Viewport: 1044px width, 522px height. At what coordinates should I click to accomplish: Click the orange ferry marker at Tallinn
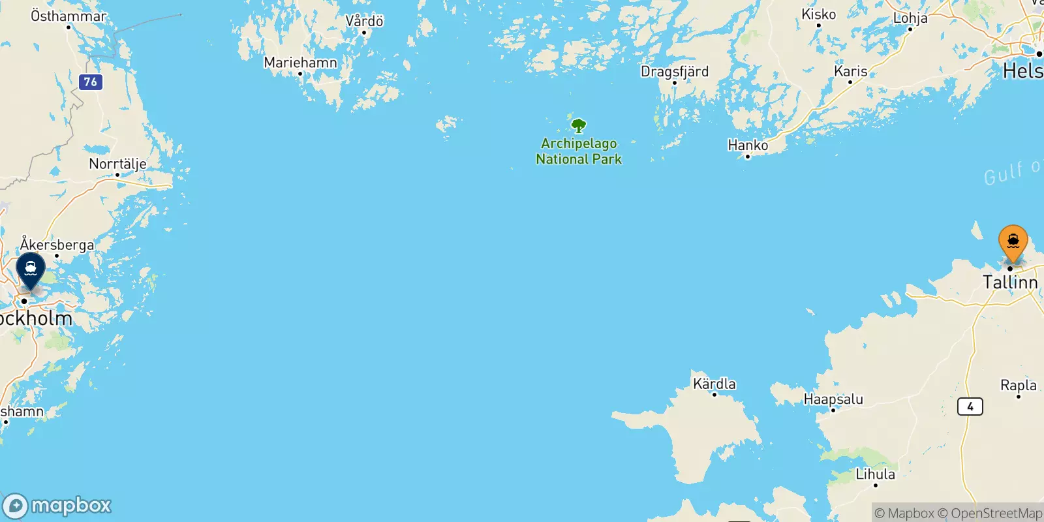point(1013,243)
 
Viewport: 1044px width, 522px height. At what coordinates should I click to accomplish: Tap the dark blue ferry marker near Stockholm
point(31,269)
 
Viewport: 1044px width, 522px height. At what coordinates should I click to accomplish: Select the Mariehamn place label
point(300,63)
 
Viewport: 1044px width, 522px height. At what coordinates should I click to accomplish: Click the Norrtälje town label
point(117,164)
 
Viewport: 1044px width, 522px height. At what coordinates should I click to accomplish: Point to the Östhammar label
point(69,16)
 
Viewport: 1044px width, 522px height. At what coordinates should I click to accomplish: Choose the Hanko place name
point(748,145)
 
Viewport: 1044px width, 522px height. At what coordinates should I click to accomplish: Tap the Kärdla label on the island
point(714,384)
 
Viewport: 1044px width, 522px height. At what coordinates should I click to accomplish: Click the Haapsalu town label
point(833,399)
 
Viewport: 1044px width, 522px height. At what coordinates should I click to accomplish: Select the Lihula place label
point(875,474)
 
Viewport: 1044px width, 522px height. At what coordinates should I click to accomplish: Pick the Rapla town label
point(1019,385)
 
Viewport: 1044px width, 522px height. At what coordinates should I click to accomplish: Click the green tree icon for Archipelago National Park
point(578,125)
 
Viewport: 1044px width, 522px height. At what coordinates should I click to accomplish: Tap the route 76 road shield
point(91,82)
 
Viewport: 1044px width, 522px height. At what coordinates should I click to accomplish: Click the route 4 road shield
point(970,407)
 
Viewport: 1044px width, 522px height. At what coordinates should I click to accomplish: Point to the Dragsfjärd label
point(674,71)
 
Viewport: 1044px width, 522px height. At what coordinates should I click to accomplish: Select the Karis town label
point(851,71)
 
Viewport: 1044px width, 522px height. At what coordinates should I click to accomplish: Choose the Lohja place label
point(910,18)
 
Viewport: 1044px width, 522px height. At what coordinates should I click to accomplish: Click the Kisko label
point(818,14)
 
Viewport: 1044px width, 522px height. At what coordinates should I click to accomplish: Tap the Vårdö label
point(364,21)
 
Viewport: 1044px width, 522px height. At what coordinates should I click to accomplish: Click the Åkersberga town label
point(57,245)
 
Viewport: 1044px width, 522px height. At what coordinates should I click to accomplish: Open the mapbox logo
point(57,506)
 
